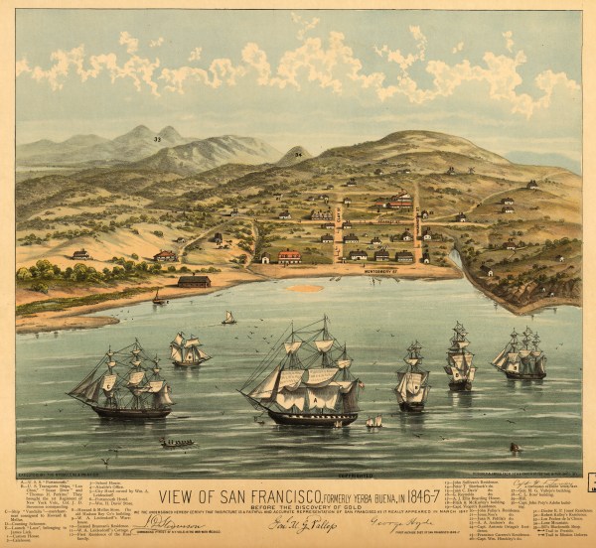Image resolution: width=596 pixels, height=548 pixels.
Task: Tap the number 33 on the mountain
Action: coord(158,139)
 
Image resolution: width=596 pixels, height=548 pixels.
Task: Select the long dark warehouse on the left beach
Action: coord(194,281)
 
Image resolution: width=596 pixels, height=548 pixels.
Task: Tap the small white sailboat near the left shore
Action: coord(228,318)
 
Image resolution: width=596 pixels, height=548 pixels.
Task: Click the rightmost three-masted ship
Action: coord(521,355)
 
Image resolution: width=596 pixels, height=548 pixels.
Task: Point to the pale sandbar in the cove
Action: coord(305,289)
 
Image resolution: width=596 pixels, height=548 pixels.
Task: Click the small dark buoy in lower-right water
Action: coord(515,448)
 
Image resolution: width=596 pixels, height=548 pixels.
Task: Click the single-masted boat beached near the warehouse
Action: coord(157,296)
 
